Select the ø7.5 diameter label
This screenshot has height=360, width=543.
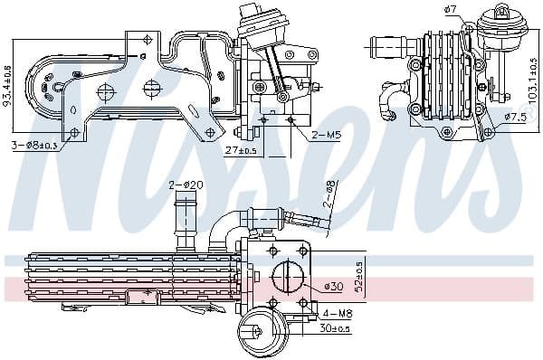tap(515, 118)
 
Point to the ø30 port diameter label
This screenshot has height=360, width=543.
tap(334, 288)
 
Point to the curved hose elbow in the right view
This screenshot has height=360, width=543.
tap(392, 99)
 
